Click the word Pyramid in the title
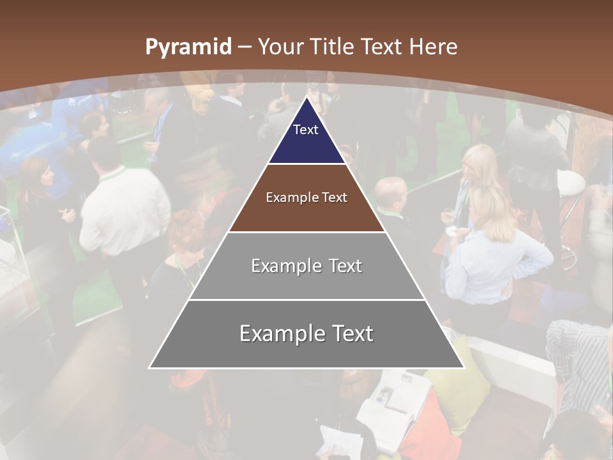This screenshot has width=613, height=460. coord(188,47)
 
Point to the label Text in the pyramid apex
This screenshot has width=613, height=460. coord(306,130)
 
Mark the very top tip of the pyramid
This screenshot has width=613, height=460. coord(306,98)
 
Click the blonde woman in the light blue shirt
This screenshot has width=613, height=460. coord(492,249)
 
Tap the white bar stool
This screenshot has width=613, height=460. coord(570,185)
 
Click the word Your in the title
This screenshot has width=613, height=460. coord(280,47)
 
